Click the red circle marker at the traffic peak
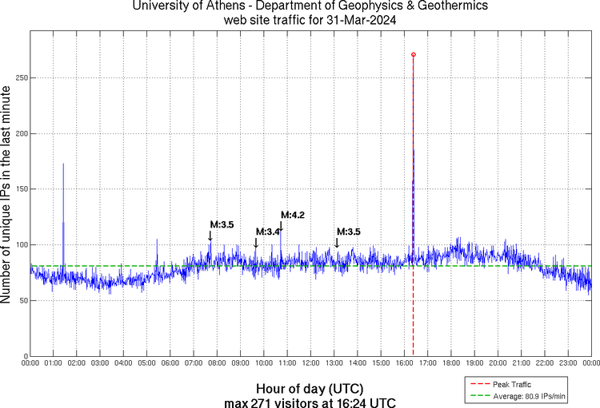pos(413,54)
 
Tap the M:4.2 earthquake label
pos(293,215)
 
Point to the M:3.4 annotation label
pos(268,232)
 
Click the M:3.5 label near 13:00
pos(349,232)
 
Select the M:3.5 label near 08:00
pos(222,225)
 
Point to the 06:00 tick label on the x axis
pos(170,363)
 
